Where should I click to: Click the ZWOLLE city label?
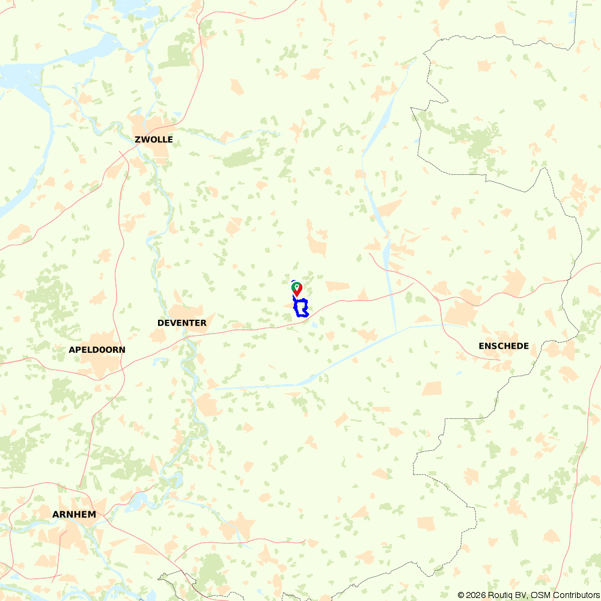pos(154,139)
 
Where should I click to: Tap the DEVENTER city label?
pos(182,323)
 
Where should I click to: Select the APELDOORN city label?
pos(97,349)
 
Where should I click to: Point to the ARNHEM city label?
pos(74,514)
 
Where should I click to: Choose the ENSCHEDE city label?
pos(504,346)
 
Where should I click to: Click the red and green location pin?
pos(296,289)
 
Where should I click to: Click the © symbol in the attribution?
pos(461,595)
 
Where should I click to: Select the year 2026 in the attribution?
pos(475,595)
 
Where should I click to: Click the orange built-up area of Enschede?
pos(460,313)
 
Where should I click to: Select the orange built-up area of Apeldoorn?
pos(96,337)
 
